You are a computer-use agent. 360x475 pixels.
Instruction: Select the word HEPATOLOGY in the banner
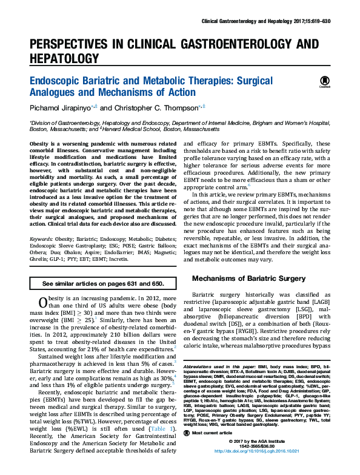click(x=64, y=58)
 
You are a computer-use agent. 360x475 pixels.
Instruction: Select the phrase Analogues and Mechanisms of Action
click(x=112, y=92)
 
